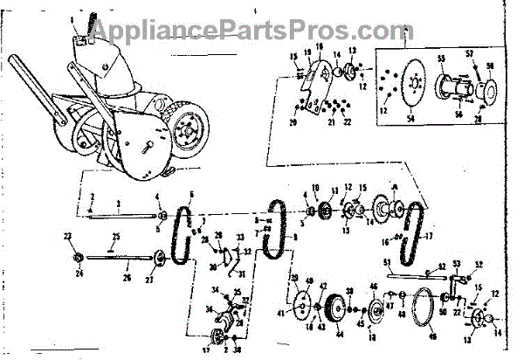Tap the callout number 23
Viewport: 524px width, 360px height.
(67, 235)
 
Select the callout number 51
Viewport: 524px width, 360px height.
(388, 262)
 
